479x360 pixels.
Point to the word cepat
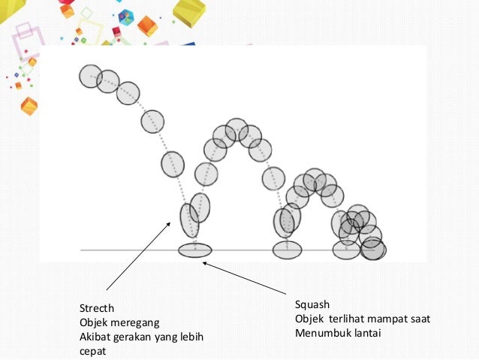pyautogui.click(x=94, y=350)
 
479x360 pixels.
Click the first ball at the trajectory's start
pyautogui.click(x=90, y=76)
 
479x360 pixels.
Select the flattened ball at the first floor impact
pyautogui.click(x=195, y=250)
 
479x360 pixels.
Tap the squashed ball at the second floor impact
pyautogui.click(x=287, y=250)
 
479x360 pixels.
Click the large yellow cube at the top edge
pyautogui.click(x=188, y=11)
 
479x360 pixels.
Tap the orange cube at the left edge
pyautogui.click(x=29, y=105)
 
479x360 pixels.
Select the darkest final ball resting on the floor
pyautogui.click(x=373, y=249)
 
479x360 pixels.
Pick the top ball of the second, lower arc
pyautogui.click(x=315, y=179)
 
